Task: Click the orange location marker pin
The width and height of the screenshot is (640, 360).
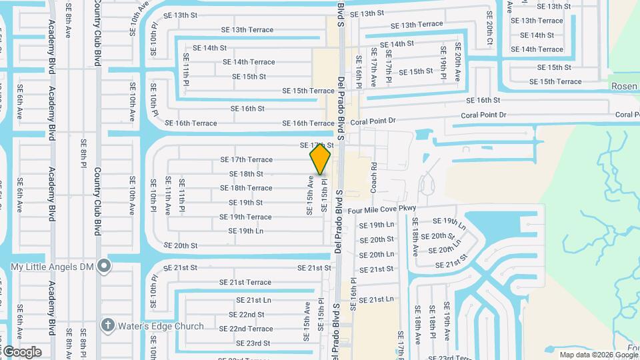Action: coord(320,159)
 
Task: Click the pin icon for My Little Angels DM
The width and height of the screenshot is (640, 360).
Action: coord(103,266)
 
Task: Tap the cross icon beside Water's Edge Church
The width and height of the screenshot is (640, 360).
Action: coord(107,325)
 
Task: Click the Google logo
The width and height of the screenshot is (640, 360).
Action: coord(21,351)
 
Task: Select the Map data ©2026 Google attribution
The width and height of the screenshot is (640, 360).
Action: coord(599,355)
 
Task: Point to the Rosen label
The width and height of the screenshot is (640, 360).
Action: coord(624,87)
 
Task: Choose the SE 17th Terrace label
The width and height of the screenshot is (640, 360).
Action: coord(246,159)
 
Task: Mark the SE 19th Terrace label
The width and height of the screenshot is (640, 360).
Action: coord(245,217)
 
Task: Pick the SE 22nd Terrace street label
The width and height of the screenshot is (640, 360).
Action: coord(246,329)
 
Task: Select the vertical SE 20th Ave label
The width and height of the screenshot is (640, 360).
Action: coord(457,62)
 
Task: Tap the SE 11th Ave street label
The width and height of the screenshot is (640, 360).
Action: coord(167,195)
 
